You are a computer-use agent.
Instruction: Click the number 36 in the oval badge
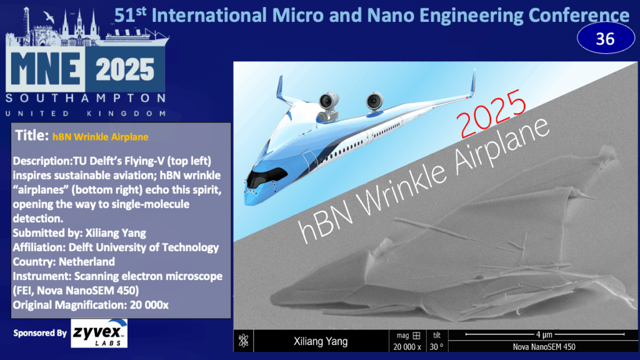pyautogui.click(x=605, y=39)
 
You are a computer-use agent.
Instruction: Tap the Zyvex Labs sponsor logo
pyautogui.click(x=99, y=334)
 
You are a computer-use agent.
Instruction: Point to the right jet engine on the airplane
pyautogui.click(x=374, y=101)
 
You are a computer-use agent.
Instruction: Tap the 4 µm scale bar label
pyautogui.click(x=544, y=335)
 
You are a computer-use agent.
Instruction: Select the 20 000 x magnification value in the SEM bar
pyautogui.click(x=407, y=347)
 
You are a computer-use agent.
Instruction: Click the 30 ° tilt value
pyautogui.click(x=436, y=347)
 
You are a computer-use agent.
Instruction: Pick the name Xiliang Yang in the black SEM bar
pyautogui.click(x=321, y=341)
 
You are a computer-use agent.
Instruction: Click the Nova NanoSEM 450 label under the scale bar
pyautogui.click(x=544, y=347)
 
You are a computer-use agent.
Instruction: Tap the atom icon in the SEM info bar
pyautogui.click(x=244, y=341)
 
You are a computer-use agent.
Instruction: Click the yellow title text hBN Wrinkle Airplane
pyautogui.click(x=101, y=137)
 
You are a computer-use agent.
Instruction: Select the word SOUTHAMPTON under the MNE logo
pyautogui.click(x=86, y=98)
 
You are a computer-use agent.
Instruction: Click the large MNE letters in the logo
pyautogui.click(x=45, y=69)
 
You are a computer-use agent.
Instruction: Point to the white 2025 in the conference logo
pyautogui.click(x=125, y=69)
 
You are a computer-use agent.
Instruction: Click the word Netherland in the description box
pyautogui.click(x=87, y=262)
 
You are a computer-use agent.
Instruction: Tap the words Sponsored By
pyautogui.click(x=40, y=333)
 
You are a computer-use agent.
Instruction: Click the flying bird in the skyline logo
pyautogui.click(x=49, y=16)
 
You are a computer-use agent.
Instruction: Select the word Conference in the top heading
pyautogui.click(x=579, y=16)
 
